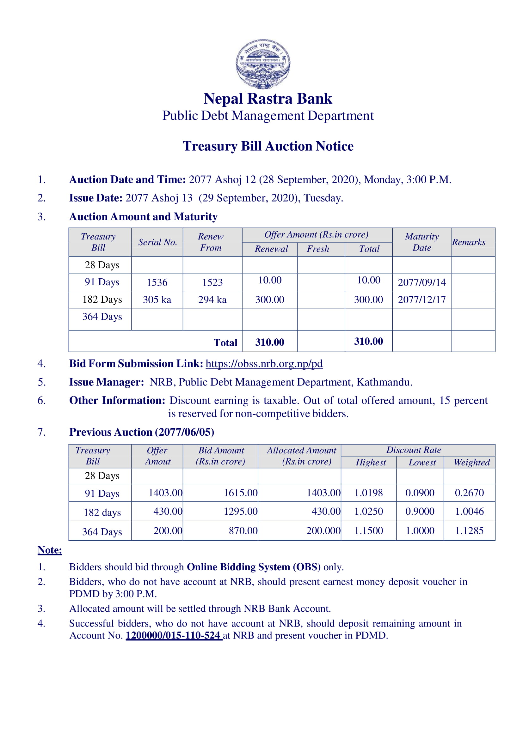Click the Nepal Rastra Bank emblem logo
263,64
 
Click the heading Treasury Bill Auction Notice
268,146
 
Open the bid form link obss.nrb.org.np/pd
264,364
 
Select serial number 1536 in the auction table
157,282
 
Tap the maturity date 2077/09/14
422,282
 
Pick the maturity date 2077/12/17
422,300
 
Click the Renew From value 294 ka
212,300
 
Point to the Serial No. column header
158,242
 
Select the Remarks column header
469,242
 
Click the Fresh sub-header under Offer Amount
318,249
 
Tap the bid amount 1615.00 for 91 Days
241,493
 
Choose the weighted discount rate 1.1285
469,531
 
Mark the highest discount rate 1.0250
368,512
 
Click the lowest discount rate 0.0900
420,493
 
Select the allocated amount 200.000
323,531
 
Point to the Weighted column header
472,463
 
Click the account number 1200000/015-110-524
173,636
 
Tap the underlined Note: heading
50,550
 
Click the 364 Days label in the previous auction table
102,532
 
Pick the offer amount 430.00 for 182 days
168,512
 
